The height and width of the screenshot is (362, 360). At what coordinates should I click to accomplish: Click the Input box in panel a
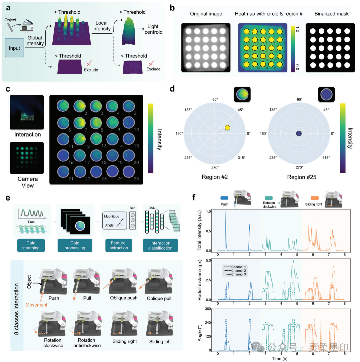(x=15, y=48)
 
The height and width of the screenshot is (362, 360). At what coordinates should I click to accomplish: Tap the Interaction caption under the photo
(x=27, y=134)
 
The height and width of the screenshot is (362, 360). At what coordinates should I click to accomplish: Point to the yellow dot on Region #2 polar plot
(x=228, y=127)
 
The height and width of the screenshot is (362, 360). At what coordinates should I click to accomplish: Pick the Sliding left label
(x=156, y=342)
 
